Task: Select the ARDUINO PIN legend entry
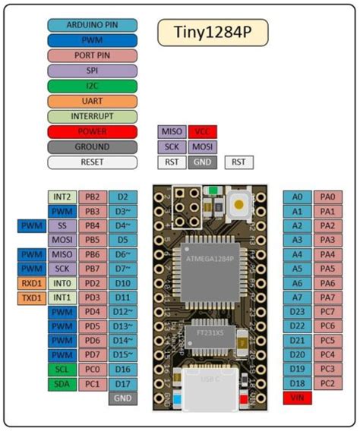(x=92, y=25)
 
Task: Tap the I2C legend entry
(x=92, y=86)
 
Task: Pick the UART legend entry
(x=92, y=101)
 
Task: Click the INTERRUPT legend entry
(x=92, y=116)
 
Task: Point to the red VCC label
(x=201, y=131)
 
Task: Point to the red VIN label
(x=297, y=398)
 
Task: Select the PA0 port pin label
(x=327, y=197)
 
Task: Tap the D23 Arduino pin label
(x=297, y=312)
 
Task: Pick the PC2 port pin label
(x=327, y=384)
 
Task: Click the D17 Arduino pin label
(x=122, y=384)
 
